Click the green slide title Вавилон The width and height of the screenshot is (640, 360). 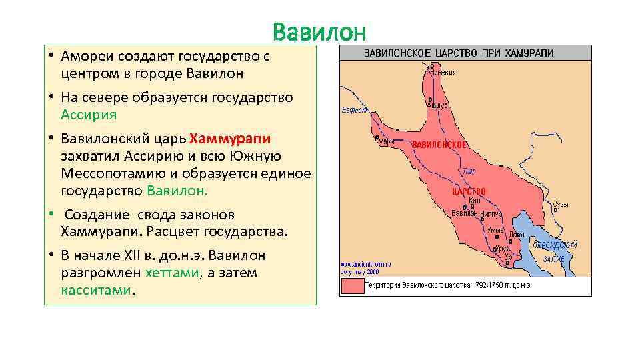[x=319, y=32]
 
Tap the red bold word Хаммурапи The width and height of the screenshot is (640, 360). [x=230, y=139]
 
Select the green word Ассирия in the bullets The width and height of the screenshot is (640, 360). [x=89, y=114]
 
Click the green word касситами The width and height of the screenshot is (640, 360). [x=97, y=291]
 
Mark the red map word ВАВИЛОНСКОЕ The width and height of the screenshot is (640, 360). [x=439, y=145]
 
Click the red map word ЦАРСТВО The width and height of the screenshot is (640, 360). [x=469, y=191]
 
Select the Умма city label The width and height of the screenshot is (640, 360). [x=495, y=229]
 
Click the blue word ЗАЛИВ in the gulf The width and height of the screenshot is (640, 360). [x=553, y=259]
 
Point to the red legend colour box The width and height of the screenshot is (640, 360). [x=352, y=286]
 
